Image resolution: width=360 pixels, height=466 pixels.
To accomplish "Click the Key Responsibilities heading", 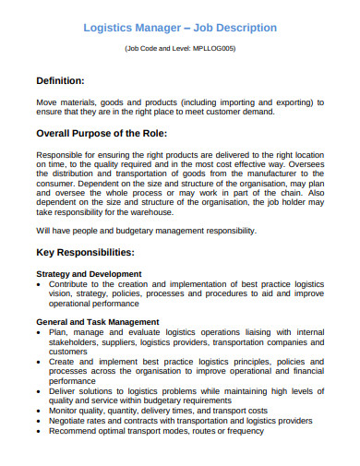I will tap(85, 252).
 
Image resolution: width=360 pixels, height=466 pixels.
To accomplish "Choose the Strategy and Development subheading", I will tap(89, 274).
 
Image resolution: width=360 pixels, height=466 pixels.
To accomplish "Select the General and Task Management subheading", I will tap(98, 322).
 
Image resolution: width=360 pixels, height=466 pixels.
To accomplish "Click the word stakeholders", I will tap(75, 341).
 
